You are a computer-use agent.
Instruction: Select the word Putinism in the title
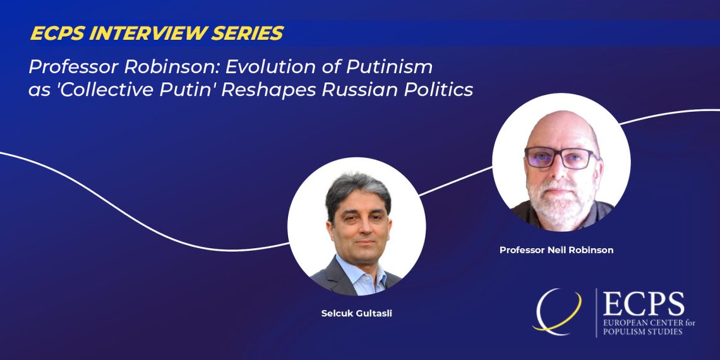pos(389,67)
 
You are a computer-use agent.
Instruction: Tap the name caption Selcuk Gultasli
pos(356,314)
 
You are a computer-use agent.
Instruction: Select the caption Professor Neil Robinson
pos(556,250)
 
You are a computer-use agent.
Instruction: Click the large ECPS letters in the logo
pos(644,304)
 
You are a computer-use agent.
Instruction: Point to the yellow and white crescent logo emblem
pos(556,311)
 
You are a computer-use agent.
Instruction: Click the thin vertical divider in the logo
pos(596,313)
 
